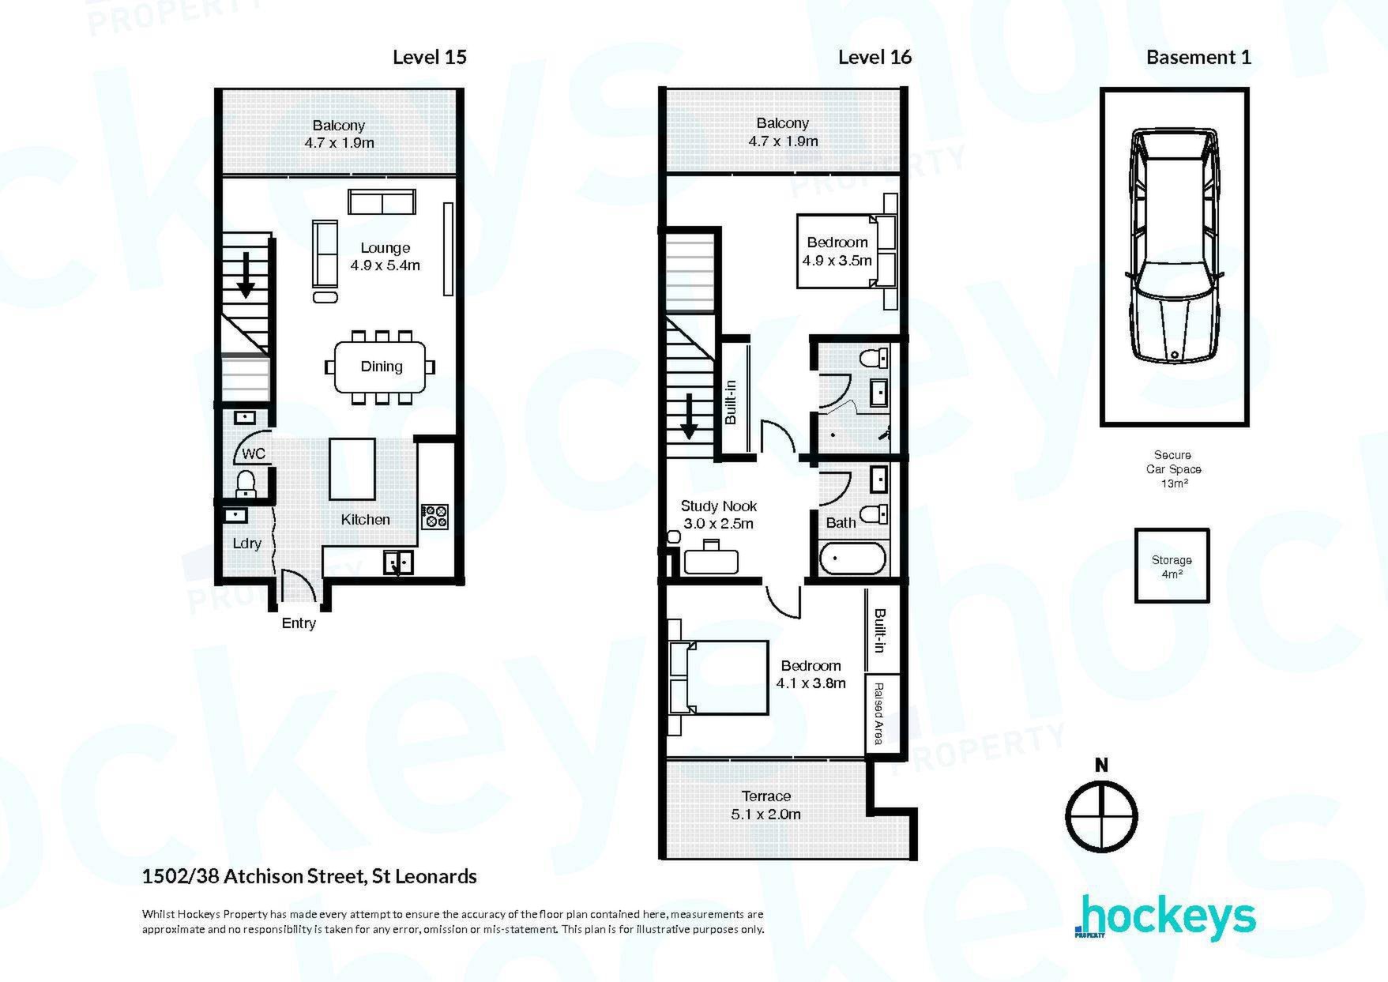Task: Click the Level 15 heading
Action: (430, 57)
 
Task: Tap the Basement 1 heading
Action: (1198, 57)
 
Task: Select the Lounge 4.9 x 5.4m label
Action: (386, 257)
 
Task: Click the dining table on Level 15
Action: (380, 367)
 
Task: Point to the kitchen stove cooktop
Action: (434, 517)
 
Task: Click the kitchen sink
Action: (398, 562)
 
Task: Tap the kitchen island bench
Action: (352, 469)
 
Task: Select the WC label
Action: (254, 454)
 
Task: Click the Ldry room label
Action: (247, 544)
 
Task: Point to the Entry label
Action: (299, 623)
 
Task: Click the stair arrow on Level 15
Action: (246, 274)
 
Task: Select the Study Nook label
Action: (719, 506)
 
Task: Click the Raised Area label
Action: (878, 714)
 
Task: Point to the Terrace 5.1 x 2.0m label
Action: (766, 805)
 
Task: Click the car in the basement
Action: (1175, 246)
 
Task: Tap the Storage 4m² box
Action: (1172, 566)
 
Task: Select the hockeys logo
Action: (1165, 918)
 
